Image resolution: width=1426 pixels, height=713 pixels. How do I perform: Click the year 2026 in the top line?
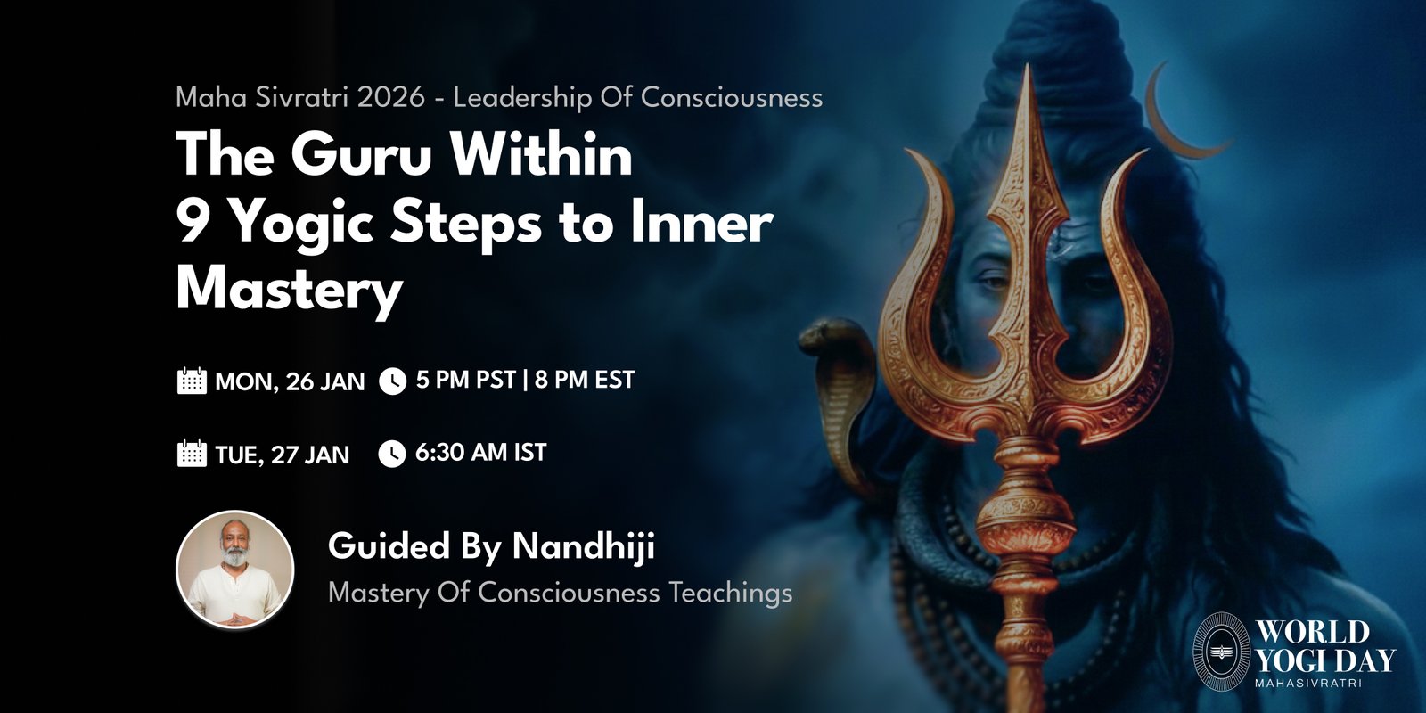click(391, 97)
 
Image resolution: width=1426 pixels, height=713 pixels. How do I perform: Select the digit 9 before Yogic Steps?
click(190, 224)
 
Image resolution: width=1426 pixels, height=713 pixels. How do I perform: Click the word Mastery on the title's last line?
click(290, 292)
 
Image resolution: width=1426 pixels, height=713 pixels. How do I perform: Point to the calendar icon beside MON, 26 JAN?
click(192, 381)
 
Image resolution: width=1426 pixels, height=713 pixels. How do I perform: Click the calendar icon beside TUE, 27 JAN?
click(192, 454)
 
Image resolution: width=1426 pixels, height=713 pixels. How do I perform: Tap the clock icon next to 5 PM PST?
click(393, 381)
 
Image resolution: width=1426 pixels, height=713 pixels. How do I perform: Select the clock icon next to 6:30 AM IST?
click(392, 454)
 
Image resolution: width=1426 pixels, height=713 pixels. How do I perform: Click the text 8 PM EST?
click(585, 380)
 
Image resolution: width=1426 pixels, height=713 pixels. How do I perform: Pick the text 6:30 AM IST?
click(480, 453)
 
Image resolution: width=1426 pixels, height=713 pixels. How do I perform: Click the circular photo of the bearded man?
click(235, 570)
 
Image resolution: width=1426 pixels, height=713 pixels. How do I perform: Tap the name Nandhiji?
click(584, 547)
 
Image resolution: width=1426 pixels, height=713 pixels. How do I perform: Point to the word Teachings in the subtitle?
click(730, 593)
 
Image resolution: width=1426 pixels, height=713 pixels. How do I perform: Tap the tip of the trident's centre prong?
click(1026, 64)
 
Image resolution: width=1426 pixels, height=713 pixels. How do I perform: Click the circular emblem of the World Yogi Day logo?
click(1221, 652)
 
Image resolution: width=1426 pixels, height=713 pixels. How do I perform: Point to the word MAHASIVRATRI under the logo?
click(1308, 683)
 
